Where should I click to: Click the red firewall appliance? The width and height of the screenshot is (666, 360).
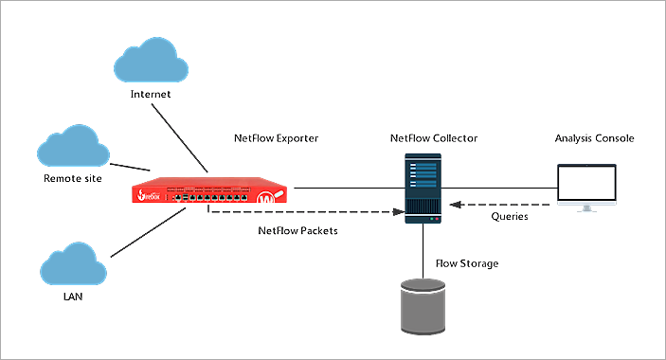pyautogui.click(x=209, y=193)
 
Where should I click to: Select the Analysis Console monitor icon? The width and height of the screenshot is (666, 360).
pyautogui.click(x=586, y=188)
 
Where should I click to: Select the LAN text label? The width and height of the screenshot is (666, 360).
pyautogui.click(x=73, y=300)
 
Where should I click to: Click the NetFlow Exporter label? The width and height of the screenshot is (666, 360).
pyautogui.click(x=276, y=138)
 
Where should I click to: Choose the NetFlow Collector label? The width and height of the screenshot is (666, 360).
pyautogui.click(x=434, y=138)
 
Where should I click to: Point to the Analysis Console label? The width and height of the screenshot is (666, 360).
pyautogui.click(x=594, y=138)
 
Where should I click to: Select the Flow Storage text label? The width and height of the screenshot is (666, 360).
pyautogui.click(x=466, y=262)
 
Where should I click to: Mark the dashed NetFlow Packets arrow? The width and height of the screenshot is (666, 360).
pyautogui.click(x=303, y=210)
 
